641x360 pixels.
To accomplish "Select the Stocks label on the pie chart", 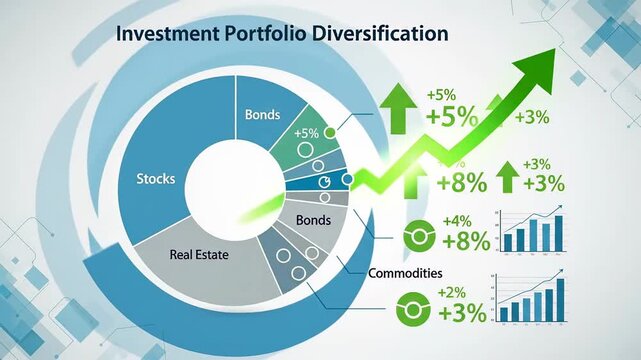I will [x=155, y=179].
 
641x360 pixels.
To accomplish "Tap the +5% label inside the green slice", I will [x=306, y=134].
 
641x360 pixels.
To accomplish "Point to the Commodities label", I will [x=405, y=273].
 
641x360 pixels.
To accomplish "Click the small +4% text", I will [x=455, y=221].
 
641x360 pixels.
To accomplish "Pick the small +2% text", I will [x=452, y=291].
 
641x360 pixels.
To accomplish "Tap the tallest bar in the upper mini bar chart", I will [x=561, y=233].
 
